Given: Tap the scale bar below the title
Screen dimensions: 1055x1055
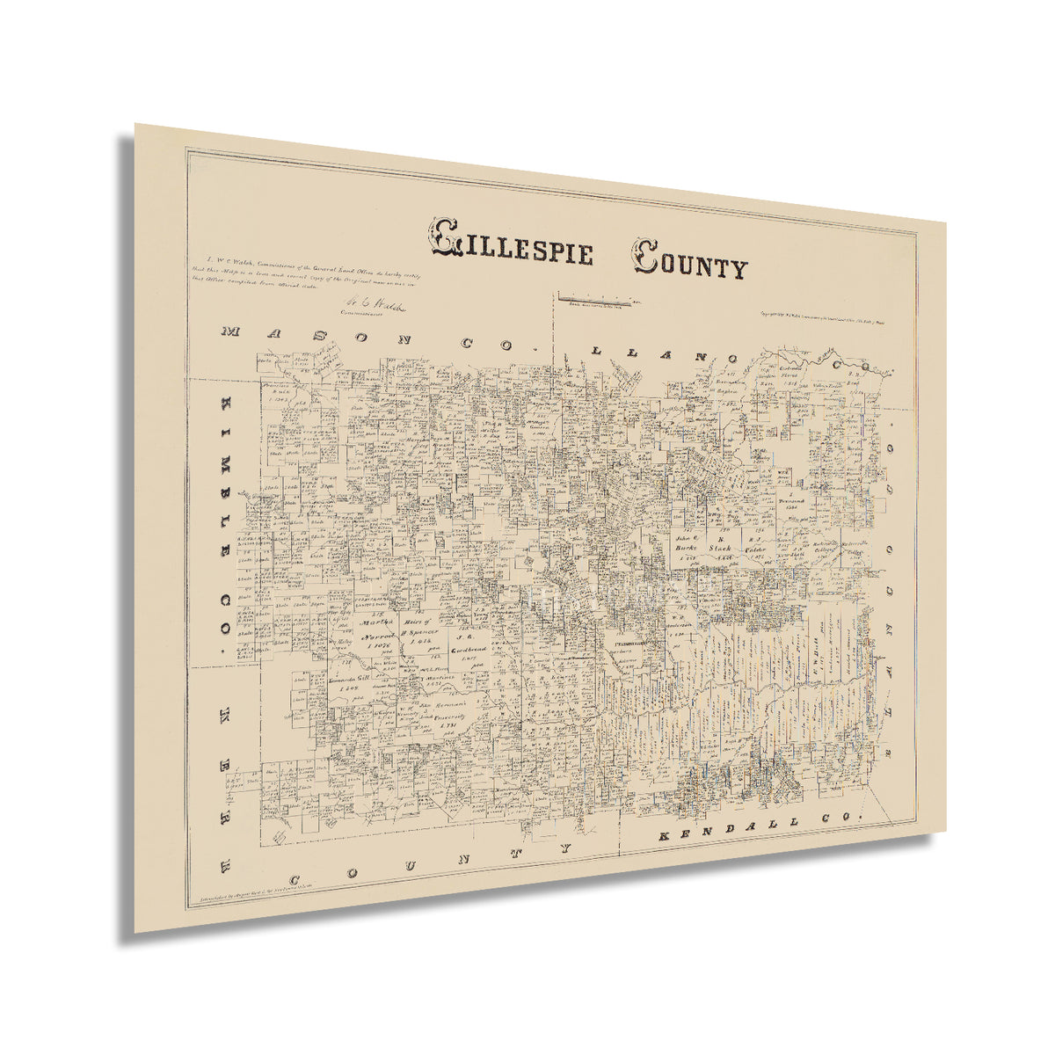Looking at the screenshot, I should [x=598, y=301].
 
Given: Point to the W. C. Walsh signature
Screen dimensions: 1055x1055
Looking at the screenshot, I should [x=370, y=306].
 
